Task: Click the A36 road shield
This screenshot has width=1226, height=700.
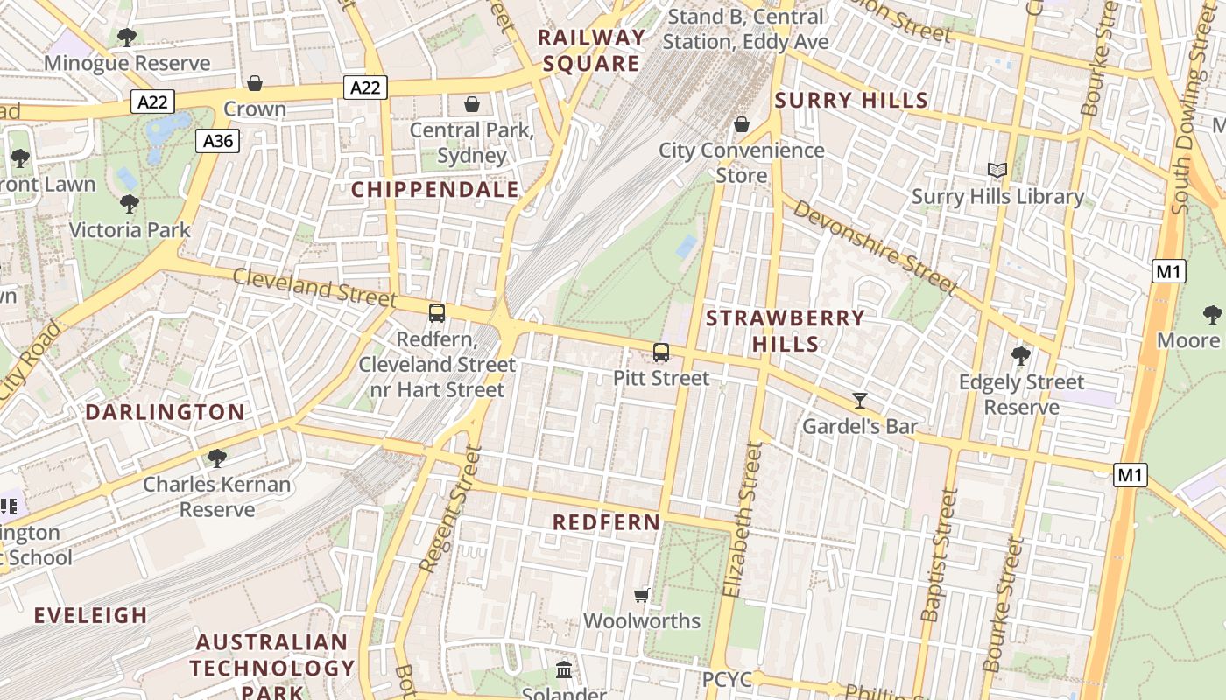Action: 217,141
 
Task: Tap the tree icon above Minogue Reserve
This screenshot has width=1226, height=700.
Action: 127,38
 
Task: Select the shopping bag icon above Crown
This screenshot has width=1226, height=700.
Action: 255,83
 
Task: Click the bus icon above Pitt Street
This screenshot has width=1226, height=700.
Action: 661,353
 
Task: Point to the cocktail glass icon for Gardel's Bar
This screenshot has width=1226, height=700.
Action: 860,401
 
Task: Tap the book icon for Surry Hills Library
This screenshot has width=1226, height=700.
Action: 997,170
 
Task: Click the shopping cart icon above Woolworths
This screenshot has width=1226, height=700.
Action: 642,595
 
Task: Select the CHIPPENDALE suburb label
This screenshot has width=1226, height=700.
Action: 435,190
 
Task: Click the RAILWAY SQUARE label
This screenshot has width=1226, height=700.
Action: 591,51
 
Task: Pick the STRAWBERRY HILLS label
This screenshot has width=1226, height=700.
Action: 786,331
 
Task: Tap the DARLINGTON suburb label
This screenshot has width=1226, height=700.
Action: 165,412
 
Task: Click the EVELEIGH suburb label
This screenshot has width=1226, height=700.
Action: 91,615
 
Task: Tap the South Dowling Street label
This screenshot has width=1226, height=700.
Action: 1195,131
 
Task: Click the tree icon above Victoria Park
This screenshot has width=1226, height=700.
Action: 130,204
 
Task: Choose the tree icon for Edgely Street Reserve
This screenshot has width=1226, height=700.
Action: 1021,355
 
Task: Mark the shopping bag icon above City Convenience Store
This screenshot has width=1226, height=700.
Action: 742,124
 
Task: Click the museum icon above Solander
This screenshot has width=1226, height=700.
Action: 565,670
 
